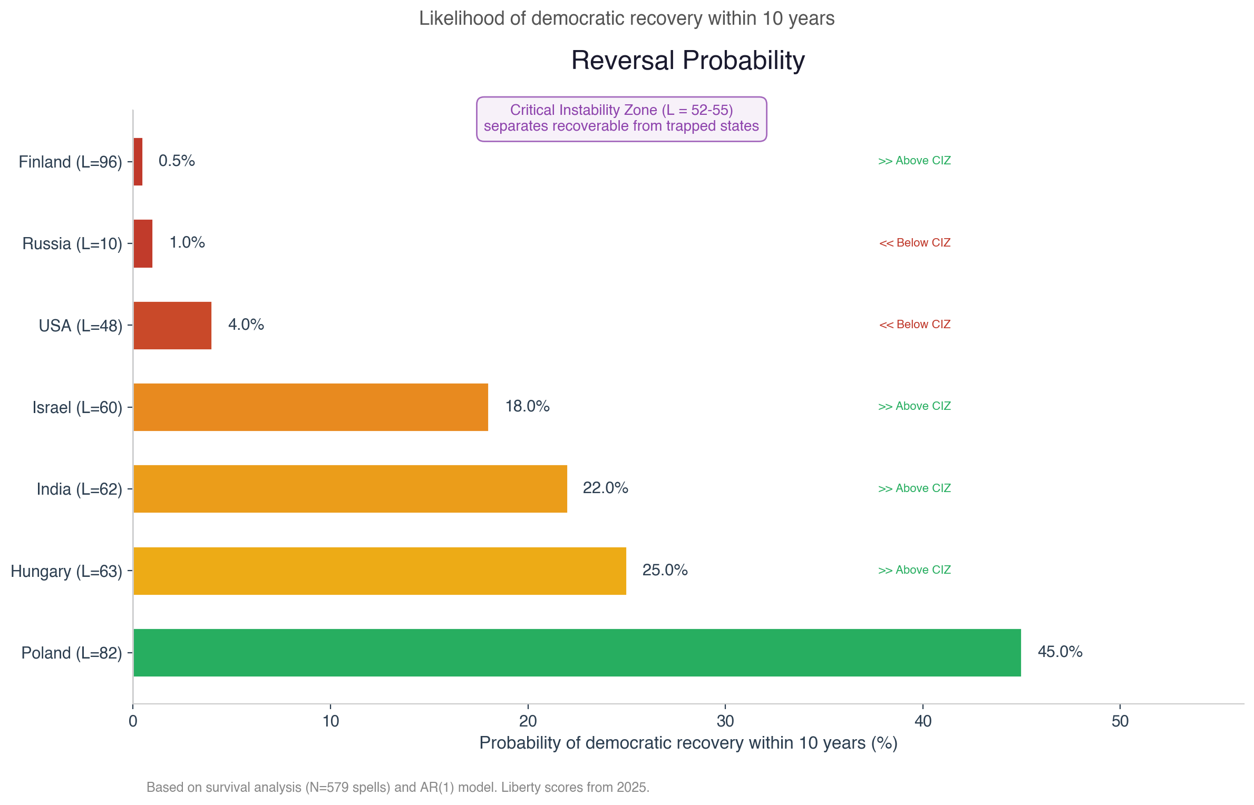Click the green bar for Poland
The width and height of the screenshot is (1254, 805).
coord(577,652)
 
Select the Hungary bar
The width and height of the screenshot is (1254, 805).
coord(380,571)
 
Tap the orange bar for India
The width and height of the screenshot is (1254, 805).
coord(350,488)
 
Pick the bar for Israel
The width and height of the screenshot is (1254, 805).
coord(310,407)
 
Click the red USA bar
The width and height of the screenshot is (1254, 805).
coord(172,325)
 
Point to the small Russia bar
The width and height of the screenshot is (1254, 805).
coord(143,243)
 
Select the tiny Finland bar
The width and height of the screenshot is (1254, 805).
coord(138,161)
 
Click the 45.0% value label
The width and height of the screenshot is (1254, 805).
coord(1059,652)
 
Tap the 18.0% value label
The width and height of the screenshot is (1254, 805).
coord(527,406)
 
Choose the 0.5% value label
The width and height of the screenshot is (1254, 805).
coord(177,161)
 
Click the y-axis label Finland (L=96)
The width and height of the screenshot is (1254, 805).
coord(70,162)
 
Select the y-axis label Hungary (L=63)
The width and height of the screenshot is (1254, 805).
coord(66,571)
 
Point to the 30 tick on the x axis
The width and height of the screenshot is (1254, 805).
coord(725,721)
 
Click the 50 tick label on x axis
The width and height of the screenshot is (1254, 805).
coord(1120,721)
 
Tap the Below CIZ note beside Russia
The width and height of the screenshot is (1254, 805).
coord(915,243)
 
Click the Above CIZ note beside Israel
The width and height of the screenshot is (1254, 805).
coord(915,406)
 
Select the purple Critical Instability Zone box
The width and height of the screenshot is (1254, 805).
coord(621,119)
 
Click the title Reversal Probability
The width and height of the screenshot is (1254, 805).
coord(688,60)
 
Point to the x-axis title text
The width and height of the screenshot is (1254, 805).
coord(688,743)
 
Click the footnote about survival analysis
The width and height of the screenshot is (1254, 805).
coord(398,787)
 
